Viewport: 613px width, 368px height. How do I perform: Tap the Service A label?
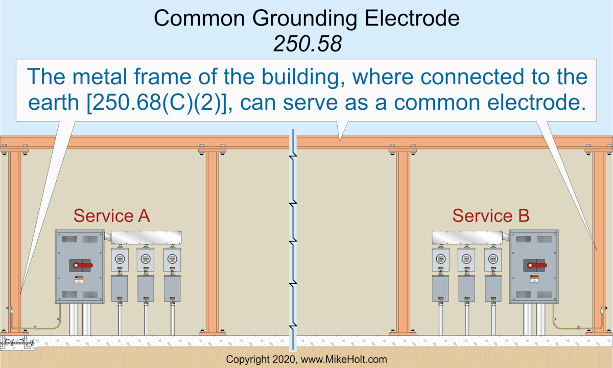tap(111, 216)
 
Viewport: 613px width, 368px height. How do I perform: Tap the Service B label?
tap(490, 216)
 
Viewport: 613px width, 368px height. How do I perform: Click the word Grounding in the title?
tap(304, 18)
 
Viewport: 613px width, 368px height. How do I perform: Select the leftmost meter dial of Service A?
tap(120, 258)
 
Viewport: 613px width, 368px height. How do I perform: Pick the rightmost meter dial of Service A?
tap(172, 258)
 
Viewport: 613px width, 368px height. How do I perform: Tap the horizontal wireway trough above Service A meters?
tap(146, 238)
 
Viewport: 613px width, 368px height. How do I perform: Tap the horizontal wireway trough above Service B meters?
tap(470, 238)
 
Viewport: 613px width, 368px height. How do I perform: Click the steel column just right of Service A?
tap(212, 240)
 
